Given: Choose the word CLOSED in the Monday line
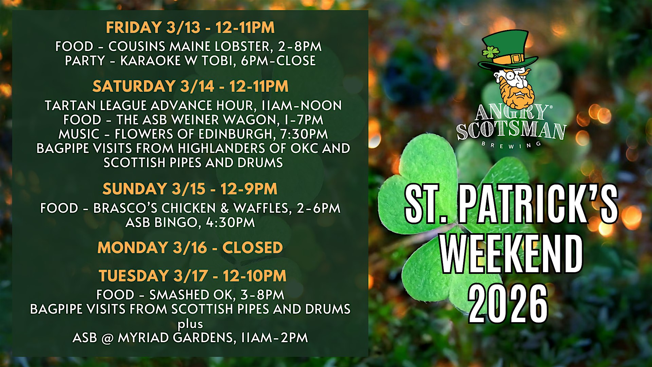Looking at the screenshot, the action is click(x=252, y=248).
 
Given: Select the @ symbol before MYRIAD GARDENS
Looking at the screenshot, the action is click(x=107, y=338).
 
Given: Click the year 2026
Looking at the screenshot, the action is click(x=508, y=304).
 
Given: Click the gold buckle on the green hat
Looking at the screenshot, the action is click(x=516, y=58).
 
